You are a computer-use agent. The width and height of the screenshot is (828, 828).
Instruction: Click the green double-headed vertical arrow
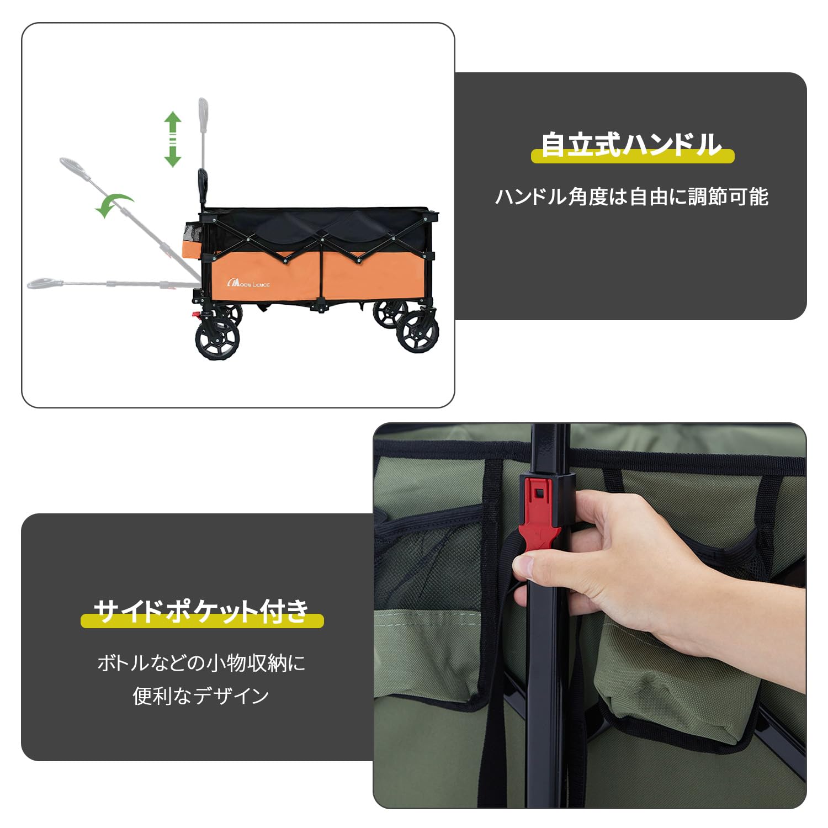pos(173,139)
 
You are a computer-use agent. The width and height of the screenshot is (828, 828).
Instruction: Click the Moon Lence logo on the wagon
pos(248,284)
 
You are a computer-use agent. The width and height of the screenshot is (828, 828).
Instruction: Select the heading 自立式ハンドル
pos(631,145)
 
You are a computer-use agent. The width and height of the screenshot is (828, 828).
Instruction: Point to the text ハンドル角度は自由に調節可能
pos(631,197)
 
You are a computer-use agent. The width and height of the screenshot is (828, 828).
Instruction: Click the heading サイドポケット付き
pos(201,611)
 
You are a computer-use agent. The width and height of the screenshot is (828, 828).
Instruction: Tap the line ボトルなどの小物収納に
pos(201,662)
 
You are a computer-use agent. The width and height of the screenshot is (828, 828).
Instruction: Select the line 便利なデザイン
pos(201,696)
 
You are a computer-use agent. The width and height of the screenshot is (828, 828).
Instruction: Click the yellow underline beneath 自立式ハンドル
pos(633,156)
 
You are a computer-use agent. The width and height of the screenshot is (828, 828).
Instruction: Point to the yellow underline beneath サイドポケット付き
pos(202,621)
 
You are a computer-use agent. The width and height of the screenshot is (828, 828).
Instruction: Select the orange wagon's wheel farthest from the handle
pos(418,332)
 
